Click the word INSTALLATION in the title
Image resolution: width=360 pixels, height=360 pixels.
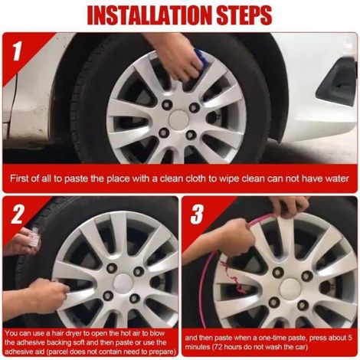[150, 15]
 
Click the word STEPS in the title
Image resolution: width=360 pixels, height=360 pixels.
[244, 15]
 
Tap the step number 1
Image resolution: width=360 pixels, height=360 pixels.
[17, 51]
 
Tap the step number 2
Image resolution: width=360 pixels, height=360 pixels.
[18, 214]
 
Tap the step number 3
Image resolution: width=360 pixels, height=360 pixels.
[198, 214]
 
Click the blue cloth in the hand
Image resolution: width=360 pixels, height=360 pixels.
[201, 61]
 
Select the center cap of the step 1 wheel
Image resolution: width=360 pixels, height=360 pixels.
[178, 120]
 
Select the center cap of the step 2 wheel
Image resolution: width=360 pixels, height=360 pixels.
[123, 283]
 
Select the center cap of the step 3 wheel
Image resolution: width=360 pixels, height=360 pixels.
[290, 289]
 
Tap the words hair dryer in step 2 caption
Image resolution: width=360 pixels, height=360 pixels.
[57, 333]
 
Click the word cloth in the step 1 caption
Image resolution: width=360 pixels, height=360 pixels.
[196, 178]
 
